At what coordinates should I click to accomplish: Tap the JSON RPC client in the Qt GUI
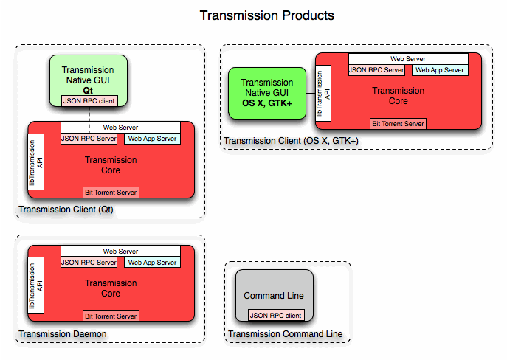pos(88,101)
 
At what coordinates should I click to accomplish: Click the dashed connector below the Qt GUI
pos(89,114)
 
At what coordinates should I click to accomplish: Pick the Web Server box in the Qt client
pos(120,128)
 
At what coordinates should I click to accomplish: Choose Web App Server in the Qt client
pos(152,139)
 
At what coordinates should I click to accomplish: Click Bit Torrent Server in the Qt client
pos(111,192)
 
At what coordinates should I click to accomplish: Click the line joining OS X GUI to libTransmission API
pos(311,93)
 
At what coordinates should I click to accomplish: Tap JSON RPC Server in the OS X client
pos(376,70)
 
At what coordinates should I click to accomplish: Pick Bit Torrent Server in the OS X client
pos(399,124)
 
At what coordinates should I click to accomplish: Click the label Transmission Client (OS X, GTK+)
pos(291,141)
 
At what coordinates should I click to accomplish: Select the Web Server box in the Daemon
pos(120,252)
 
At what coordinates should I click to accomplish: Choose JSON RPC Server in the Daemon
pos(89,262)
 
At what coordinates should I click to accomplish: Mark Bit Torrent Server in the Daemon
pos(111,316)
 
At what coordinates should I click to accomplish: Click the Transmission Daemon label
pos(63,334)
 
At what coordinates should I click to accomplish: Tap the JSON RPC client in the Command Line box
pos(275,316)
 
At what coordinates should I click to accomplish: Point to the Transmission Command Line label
pos(285,334)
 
